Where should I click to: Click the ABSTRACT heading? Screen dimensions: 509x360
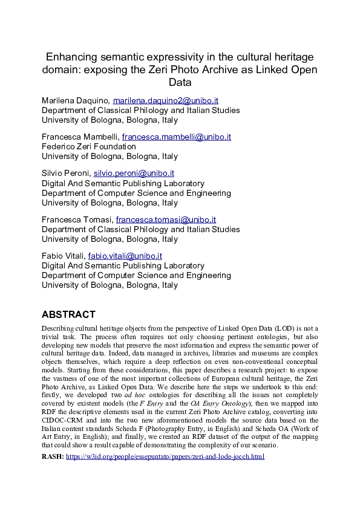(68, 314)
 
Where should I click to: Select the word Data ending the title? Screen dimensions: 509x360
(180, 82)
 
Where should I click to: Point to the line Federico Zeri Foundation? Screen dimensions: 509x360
(88, 146)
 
